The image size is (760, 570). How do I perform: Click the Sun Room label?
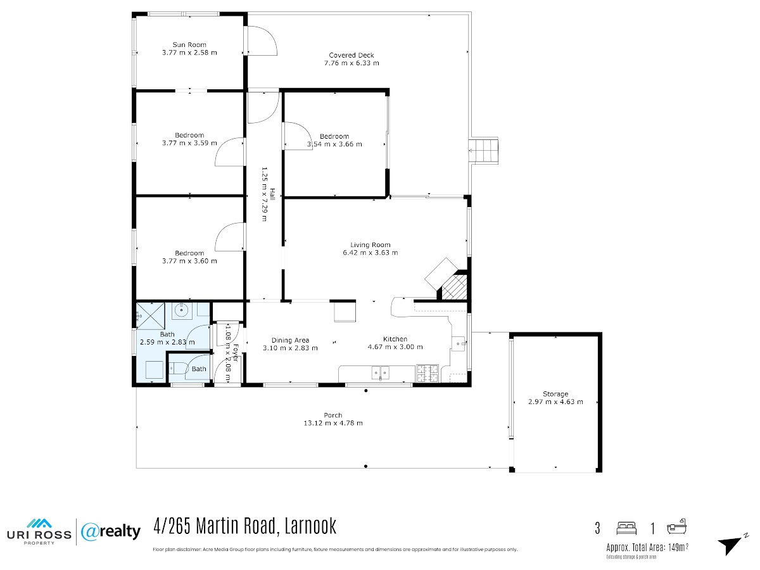189,44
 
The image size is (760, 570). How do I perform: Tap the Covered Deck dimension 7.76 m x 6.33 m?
351,63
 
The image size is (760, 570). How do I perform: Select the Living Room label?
370,245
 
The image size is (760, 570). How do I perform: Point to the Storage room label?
555,394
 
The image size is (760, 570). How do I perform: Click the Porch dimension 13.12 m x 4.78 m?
333,423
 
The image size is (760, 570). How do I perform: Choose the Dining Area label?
290,340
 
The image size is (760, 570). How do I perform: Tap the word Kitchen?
395,339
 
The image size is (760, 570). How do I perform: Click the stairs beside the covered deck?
483,150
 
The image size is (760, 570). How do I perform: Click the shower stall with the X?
151,315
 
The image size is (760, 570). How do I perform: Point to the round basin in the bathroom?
181,310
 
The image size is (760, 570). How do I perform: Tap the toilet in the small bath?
177,367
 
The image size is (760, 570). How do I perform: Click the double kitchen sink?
380,373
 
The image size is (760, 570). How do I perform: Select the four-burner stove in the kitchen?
427,374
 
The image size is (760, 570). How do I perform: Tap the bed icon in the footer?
626,528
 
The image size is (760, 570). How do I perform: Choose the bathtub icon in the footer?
676,527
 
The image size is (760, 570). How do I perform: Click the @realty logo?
111,532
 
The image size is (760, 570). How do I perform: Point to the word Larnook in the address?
310,526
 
